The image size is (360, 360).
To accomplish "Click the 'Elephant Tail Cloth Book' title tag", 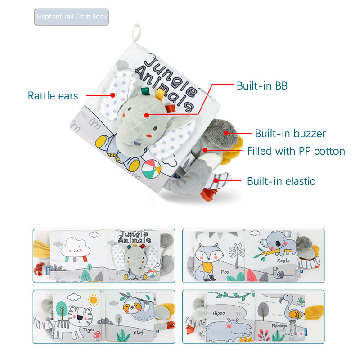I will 72,17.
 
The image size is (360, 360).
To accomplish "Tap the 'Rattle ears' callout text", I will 53,95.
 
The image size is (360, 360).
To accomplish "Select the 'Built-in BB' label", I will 262,85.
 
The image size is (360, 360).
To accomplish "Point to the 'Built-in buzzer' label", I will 290,133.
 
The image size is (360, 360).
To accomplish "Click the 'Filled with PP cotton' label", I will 296,151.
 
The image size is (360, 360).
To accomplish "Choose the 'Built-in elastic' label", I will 281,181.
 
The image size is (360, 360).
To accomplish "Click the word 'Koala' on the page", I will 283,260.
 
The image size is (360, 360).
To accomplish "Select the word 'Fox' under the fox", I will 225,272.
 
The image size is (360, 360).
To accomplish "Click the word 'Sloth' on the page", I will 139,333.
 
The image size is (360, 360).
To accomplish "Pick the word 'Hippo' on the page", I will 219,313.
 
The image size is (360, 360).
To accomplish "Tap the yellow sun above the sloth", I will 94,300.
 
